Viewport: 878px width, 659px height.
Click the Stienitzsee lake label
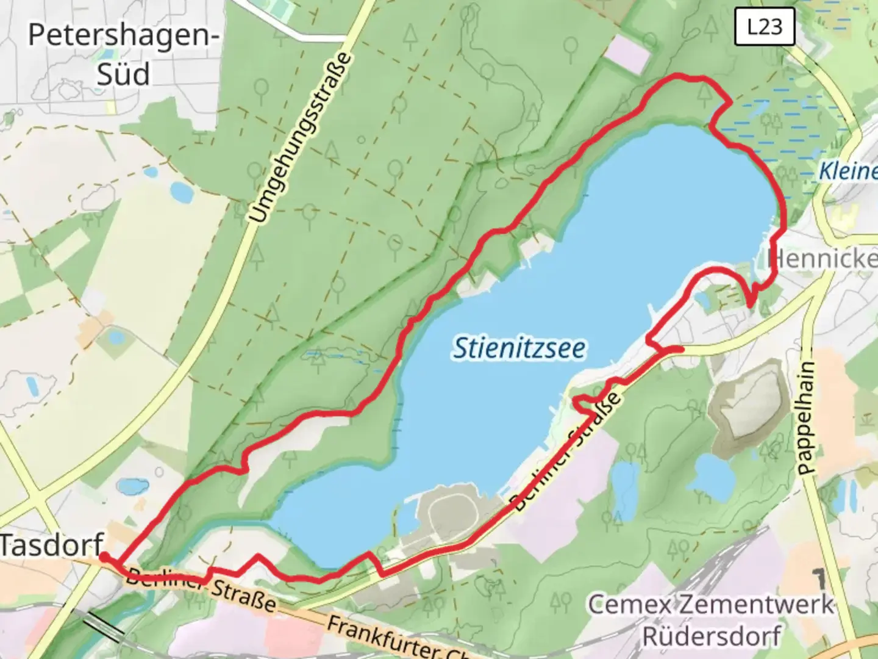coord(519,348)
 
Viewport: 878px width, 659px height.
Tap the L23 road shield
coord(765,27)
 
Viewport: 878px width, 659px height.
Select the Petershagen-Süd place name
coord(124,54)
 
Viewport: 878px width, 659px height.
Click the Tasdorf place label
coord(51,544)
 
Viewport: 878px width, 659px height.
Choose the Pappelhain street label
coord(806,419)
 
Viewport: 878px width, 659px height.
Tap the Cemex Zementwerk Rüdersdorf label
coord(711,620)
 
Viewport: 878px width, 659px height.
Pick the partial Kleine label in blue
coord(848,171)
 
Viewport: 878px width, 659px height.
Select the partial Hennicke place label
coord(823,259)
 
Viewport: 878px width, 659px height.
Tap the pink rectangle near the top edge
coord(627,54)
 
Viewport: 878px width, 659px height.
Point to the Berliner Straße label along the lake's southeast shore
coord(567,452)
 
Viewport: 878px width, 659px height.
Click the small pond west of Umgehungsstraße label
coord(182,192)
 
